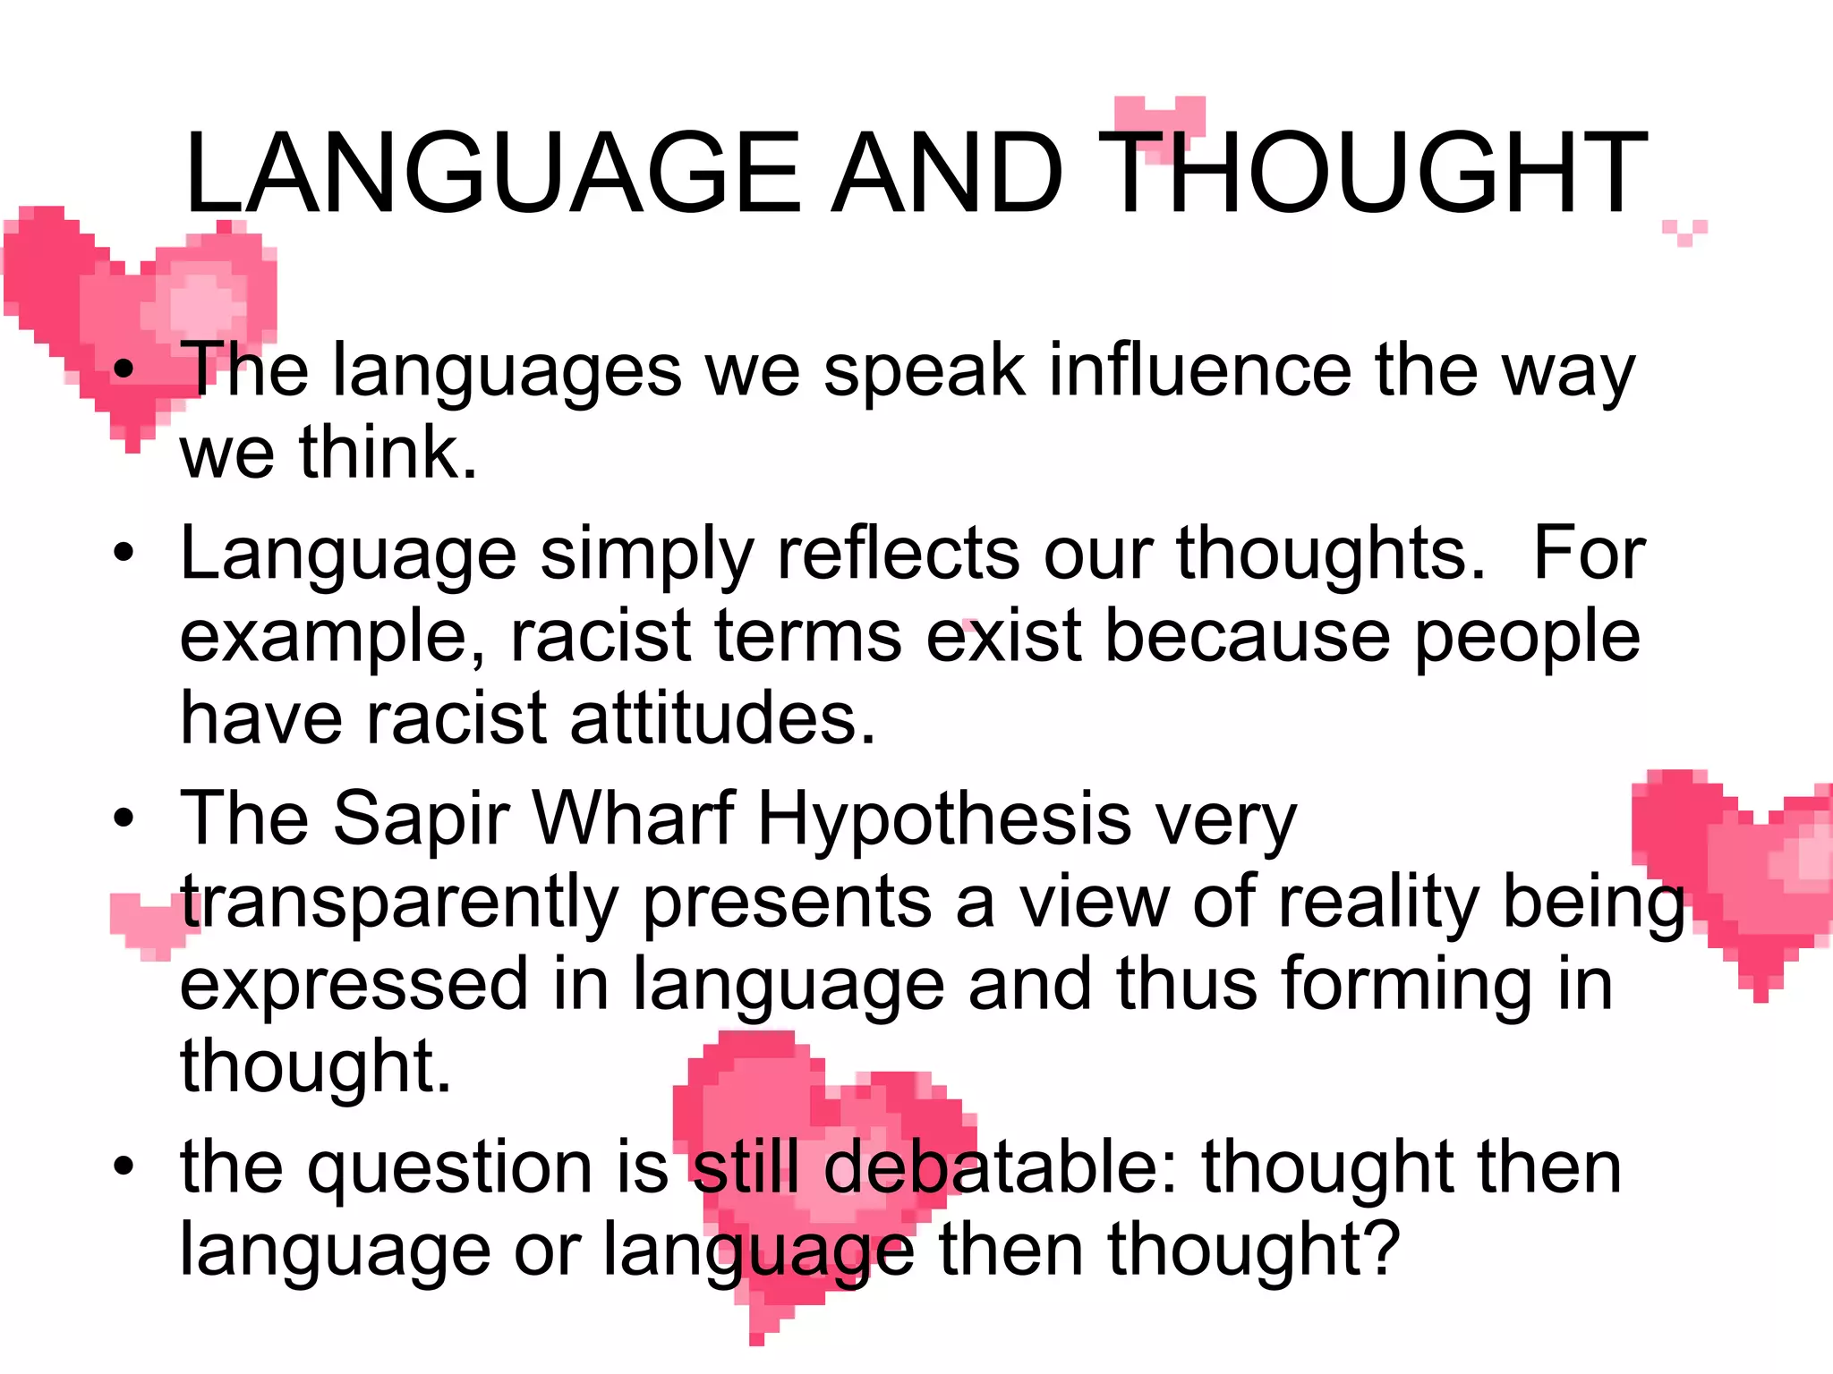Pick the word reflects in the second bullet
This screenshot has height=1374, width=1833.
point(898,554)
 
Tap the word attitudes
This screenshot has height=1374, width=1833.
point(720,718)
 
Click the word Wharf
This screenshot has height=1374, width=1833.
point(634,818)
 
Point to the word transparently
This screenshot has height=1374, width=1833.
point(399,903)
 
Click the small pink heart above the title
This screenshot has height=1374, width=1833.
point(1160,121)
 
